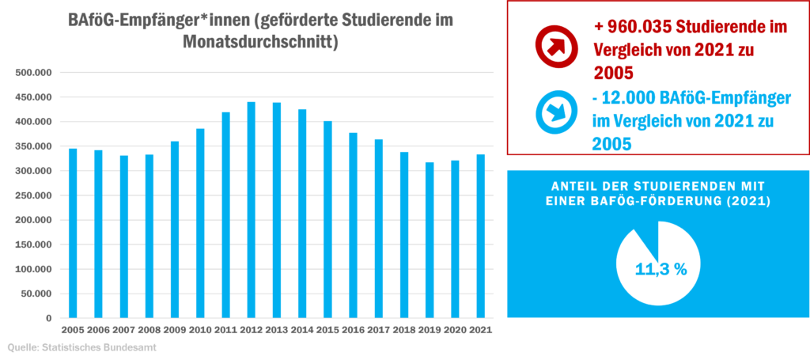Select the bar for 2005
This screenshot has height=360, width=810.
[73, 233]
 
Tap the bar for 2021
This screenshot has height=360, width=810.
[480, 236]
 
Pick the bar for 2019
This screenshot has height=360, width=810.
[430, 240]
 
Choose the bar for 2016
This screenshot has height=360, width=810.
[353, 225]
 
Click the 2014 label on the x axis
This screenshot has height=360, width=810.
[301, 331]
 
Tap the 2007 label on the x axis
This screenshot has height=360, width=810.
[123, 331]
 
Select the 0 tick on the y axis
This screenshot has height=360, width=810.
[49, 318]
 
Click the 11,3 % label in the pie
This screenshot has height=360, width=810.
[660, 269]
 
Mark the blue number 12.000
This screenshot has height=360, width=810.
[630, 98]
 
